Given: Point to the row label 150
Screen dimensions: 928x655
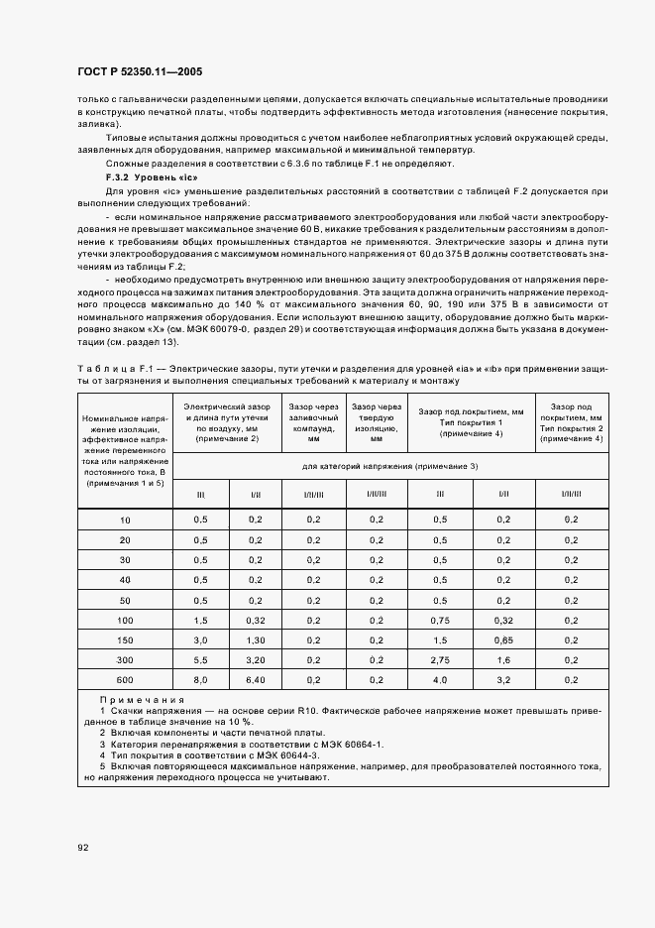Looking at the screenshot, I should [x=124, y=641].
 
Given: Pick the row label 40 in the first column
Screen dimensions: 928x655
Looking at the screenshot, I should [x=124, y=580].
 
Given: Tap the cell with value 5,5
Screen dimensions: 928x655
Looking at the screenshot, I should [x=200, y=659].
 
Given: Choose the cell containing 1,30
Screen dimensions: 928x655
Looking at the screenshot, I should [x=255, y=641].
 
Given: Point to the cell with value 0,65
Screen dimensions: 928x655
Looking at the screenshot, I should [x=502, y=641].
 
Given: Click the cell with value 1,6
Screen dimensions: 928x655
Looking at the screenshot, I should [x=502, y=659].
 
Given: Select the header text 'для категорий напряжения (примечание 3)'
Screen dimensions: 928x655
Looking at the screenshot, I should [x=390, y=465].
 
